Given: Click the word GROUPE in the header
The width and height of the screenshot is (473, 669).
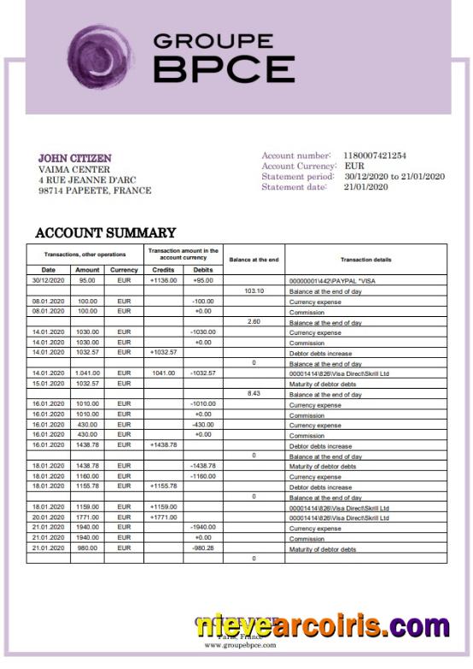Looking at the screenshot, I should [213, 40].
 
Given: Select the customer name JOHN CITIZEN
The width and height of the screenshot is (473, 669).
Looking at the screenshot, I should [75, 158].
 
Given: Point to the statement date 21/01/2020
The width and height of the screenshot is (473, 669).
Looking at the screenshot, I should [366, 187].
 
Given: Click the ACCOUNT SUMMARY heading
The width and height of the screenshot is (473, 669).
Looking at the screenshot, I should [105, 232].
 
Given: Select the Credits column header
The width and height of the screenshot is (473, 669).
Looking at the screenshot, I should [162, 270].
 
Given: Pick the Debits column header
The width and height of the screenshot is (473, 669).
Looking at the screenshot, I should [203, 270].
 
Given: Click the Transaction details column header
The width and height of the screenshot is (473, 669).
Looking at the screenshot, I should [365, 260].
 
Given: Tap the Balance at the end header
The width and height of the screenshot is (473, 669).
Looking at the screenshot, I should [254, 260].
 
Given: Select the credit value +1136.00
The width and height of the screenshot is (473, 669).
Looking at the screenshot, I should [163, 280].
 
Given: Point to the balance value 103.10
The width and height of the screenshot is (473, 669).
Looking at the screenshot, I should [254, 290].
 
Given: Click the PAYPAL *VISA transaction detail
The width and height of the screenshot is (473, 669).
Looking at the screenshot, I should [334, 281].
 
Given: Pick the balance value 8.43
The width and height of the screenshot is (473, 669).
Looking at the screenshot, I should [254, 394].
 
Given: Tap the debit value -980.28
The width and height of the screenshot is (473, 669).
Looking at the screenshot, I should [203, 549].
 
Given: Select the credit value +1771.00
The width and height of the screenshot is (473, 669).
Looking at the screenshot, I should [163, 518].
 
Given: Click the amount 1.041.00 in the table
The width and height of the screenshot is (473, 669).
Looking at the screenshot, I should [87, 373].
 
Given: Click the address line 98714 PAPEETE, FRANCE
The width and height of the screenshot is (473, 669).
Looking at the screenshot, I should [95, 191].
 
